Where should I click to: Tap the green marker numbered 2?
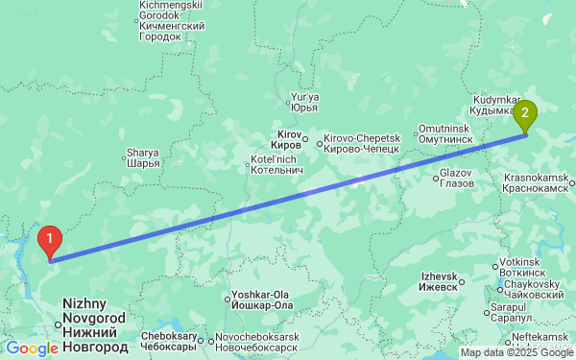525,115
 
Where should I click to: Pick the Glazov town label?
456,177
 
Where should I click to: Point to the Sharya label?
142,157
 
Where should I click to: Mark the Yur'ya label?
303,101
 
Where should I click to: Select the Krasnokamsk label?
537,182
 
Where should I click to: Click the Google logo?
32,348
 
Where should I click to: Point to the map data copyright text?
516,352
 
